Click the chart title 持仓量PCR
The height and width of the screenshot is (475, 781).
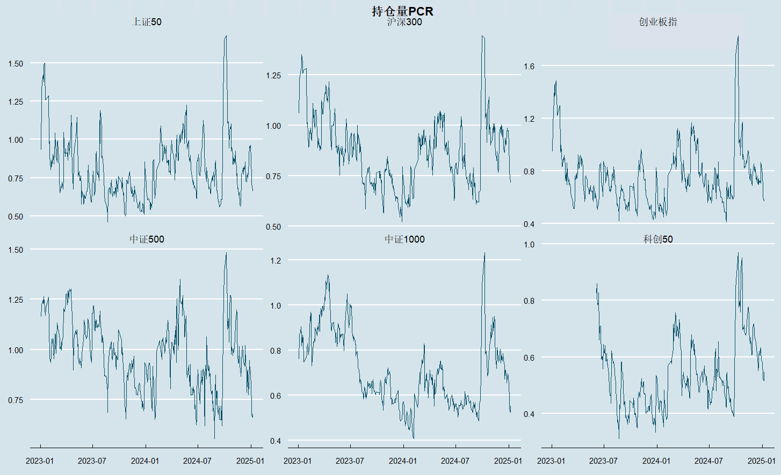[x=402, y=11]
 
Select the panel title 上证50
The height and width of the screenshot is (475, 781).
[x=147, y=22]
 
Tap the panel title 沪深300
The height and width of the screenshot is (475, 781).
[x=404, y=22]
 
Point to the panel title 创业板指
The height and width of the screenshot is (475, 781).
[x=658, y=22]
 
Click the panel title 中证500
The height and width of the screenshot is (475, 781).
[x=147, y=239]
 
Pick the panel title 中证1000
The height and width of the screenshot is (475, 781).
[x=404, y=239]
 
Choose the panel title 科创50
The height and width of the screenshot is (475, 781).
[x=658, y=239]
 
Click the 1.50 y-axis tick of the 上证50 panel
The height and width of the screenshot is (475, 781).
[x=16, y=63]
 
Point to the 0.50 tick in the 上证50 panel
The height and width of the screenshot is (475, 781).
[x=16, y=216]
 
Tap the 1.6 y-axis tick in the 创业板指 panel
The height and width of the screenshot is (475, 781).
[x=529, y=67]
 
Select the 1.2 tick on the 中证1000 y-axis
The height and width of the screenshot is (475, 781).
[x=276, y=260]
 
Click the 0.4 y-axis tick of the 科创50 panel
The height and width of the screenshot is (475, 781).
[x=529, y=414]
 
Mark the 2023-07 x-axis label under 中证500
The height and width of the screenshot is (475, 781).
[x=92, y=461]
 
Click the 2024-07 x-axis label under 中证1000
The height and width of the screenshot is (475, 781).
[x=455, y=461]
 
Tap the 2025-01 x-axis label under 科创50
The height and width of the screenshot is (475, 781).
[x=761, y=461]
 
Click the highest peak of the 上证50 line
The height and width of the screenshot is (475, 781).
[x=226, y=36]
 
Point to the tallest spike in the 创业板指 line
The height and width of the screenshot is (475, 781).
[x=738, y=36]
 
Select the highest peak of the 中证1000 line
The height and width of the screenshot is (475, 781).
[x=484, y=253]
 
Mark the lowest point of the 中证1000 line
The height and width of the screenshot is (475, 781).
[x=414, y=438]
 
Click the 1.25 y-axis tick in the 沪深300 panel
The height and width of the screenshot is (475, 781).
[x=273, y=75]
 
